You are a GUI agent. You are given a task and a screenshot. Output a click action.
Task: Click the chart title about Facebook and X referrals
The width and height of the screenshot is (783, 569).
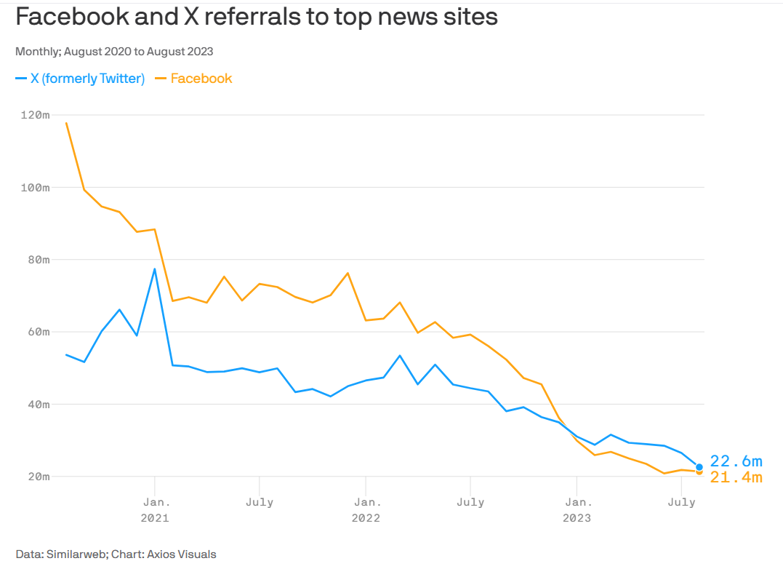pyautogui.click(x=257, y=17)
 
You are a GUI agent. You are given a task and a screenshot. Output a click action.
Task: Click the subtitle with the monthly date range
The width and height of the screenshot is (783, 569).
pyautogui.click(x=114, y=51)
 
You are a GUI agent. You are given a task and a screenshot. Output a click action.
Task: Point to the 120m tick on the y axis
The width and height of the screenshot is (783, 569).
pyautogui.click(x=34, y=115)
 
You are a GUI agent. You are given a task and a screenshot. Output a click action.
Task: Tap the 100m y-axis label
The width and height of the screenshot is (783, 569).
pyautogui.click(x=34, y=187)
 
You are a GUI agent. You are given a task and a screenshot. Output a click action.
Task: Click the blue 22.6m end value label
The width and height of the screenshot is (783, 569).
pyautogui.click(x=736, y=461)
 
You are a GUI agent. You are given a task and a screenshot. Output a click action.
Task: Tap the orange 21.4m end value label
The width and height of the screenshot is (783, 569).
pyautogui.click(x=736, y=477)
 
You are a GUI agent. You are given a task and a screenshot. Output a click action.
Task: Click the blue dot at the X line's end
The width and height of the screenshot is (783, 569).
pyautogui.click(x=699, y=467)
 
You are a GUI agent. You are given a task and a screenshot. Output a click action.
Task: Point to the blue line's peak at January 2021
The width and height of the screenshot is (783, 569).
pyautogui.click(x=155, y=269)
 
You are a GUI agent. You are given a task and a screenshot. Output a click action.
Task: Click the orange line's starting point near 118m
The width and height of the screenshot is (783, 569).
pyautogui.click(x=66, y=123)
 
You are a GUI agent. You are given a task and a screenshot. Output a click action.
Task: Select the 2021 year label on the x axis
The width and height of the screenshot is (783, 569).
pyautogui.click(x=155, y=518)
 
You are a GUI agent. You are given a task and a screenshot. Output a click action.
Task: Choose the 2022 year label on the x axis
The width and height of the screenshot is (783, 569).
pyautogui.click(x=366, y=518)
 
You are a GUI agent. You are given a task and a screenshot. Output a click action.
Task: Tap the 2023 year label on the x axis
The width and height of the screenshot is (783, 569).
pyautogui.click(x=577, y=518)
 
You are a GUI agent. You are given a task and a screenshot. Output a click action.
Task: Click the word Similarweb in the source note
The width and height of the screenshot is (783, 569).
pyautogui.click(x=77, y=554)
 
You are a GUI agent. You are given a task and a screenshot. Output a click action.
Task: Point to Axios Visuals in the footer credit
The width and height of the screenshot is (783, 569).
pyautogui.click(x=182, y=554)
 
